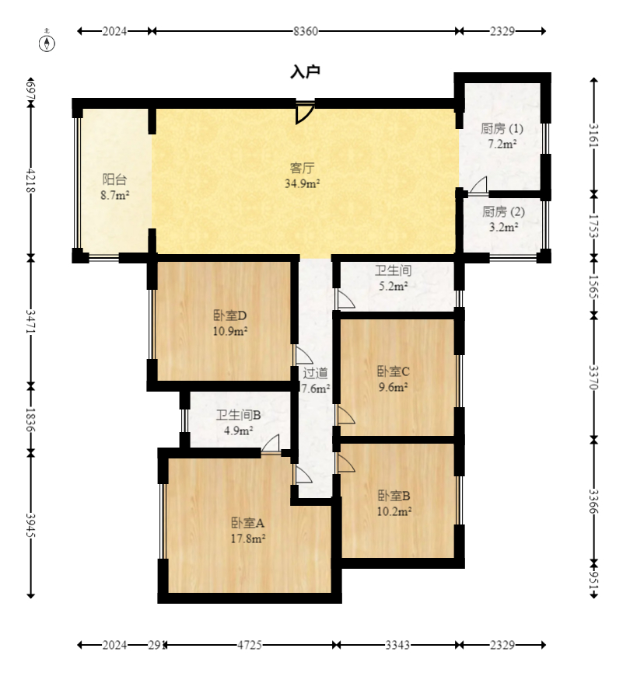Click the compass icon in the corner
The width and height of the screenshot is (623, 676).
tap(47, 42)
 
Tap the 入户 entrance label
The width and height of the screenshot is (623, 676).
tap(305, 71)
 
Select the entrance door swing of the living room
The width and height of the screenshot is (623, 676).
tap(305, 113)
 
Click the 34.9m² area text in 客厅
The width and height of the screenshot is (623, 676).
tap(302, 183)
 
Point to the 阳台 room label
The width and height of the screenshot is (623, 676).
tap(115, 179)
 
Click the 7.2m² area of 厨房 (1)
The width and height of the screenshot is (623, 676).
tap(502, 144)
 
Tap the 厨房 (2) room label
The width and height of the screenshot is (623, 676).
tap(503, 211)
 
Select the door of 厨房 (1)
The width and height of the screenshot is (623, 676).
tap(478, 186)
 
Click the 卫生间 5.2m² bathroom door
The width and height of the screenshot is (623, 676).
tap(345, 300)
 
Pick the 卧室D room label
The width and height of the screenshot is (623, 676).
tap(230, 315)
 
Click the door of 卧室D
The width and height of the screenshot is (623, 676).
tap(304, 355)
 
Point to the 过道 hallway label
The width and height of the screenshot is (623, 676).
tap(315, 373)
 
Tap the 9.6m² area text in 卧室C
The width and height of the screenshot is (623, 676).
tap(394, 387)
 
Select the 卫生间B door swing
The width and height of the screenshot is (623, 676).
tap(271, 444)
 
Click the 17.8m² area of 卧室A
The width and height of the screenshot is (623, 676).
tap(248, 538)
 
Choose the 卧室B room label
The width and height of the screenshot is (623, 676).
tap(394, 496)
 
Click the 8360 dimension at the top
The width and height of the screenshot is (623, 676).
tap(306, 31)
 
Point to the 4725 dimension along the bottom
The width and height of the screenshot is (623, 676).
tap(250, 645)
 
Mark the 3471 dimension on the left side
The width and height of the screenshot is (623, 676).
tap(30, 321)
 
